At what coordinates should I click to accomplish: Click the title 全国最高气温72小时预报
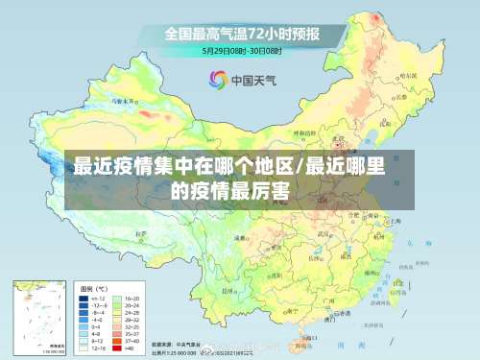[x=241, y=33]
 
